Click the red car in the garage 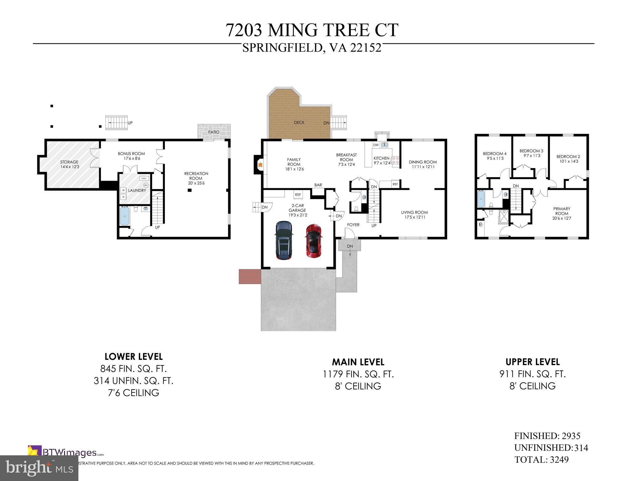click(313, 241)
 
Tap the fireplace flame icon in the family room click(260, 164)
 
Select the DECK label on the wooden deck click(299, 122)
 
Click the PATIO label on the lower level click(214, 132)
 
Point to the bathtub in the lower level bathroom click(124, 216)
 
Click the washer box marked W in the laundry click(123, 190)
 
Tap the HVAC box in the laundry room click(144, 178)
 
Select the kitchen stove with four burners click(395, 161)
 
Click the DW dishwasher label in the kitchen click(376, 145)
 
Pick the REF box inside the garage click(298, 195)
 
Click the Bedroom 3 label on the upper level click(531, 151)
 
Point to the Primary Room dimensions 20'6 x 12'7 click(562, 218)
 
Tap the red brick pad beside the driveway click(250, 276)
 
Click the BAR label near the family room click(318, 185)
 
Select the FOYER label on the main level click(353, 225)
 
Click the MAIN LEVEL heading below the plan click(358, 362)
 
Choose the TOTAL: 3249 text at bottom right click(541, 460)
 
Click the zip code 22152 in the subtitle click(366, 48)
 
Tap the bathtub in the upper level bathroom click(481, 199)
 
